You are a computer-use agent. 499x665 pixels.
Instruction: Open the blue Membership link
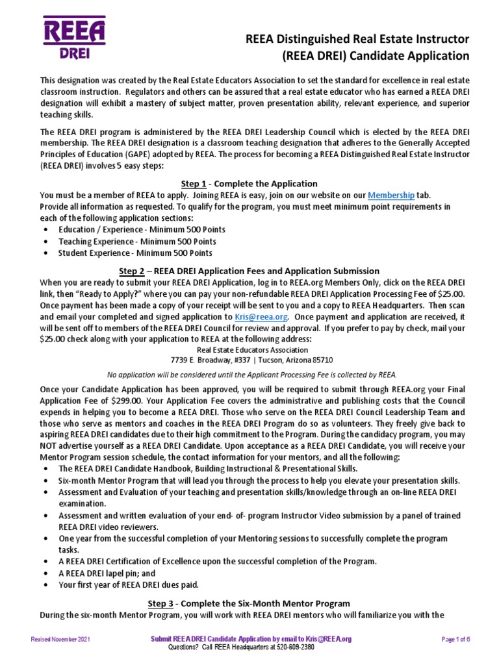390,195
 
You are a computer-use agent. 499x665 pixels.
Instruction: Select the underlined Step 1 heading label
194,184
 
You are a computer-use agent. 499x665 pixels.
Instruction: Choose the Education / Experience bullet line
142,230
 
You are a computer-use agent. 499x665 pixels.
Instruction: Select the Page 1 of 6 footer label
455,639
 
